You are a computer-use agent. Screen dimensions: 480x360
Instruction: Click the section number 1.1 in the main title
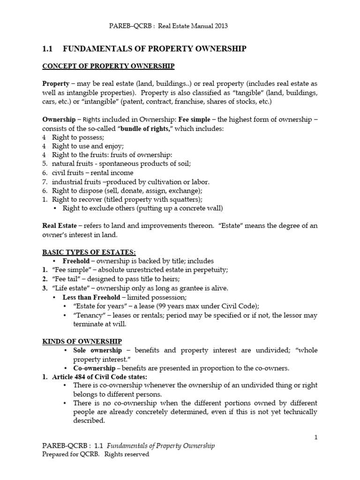[x=48, y=49]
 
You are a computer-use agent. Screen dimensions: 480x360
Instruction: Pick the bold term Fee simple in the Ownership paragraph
[x=195, y=120]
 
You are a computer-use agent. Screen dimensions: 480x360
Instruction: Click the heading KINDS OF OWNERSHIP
[x=82, y=341]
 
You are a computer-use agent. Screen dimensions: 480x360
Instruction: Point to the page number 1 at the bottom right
[x=316, y=437]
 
